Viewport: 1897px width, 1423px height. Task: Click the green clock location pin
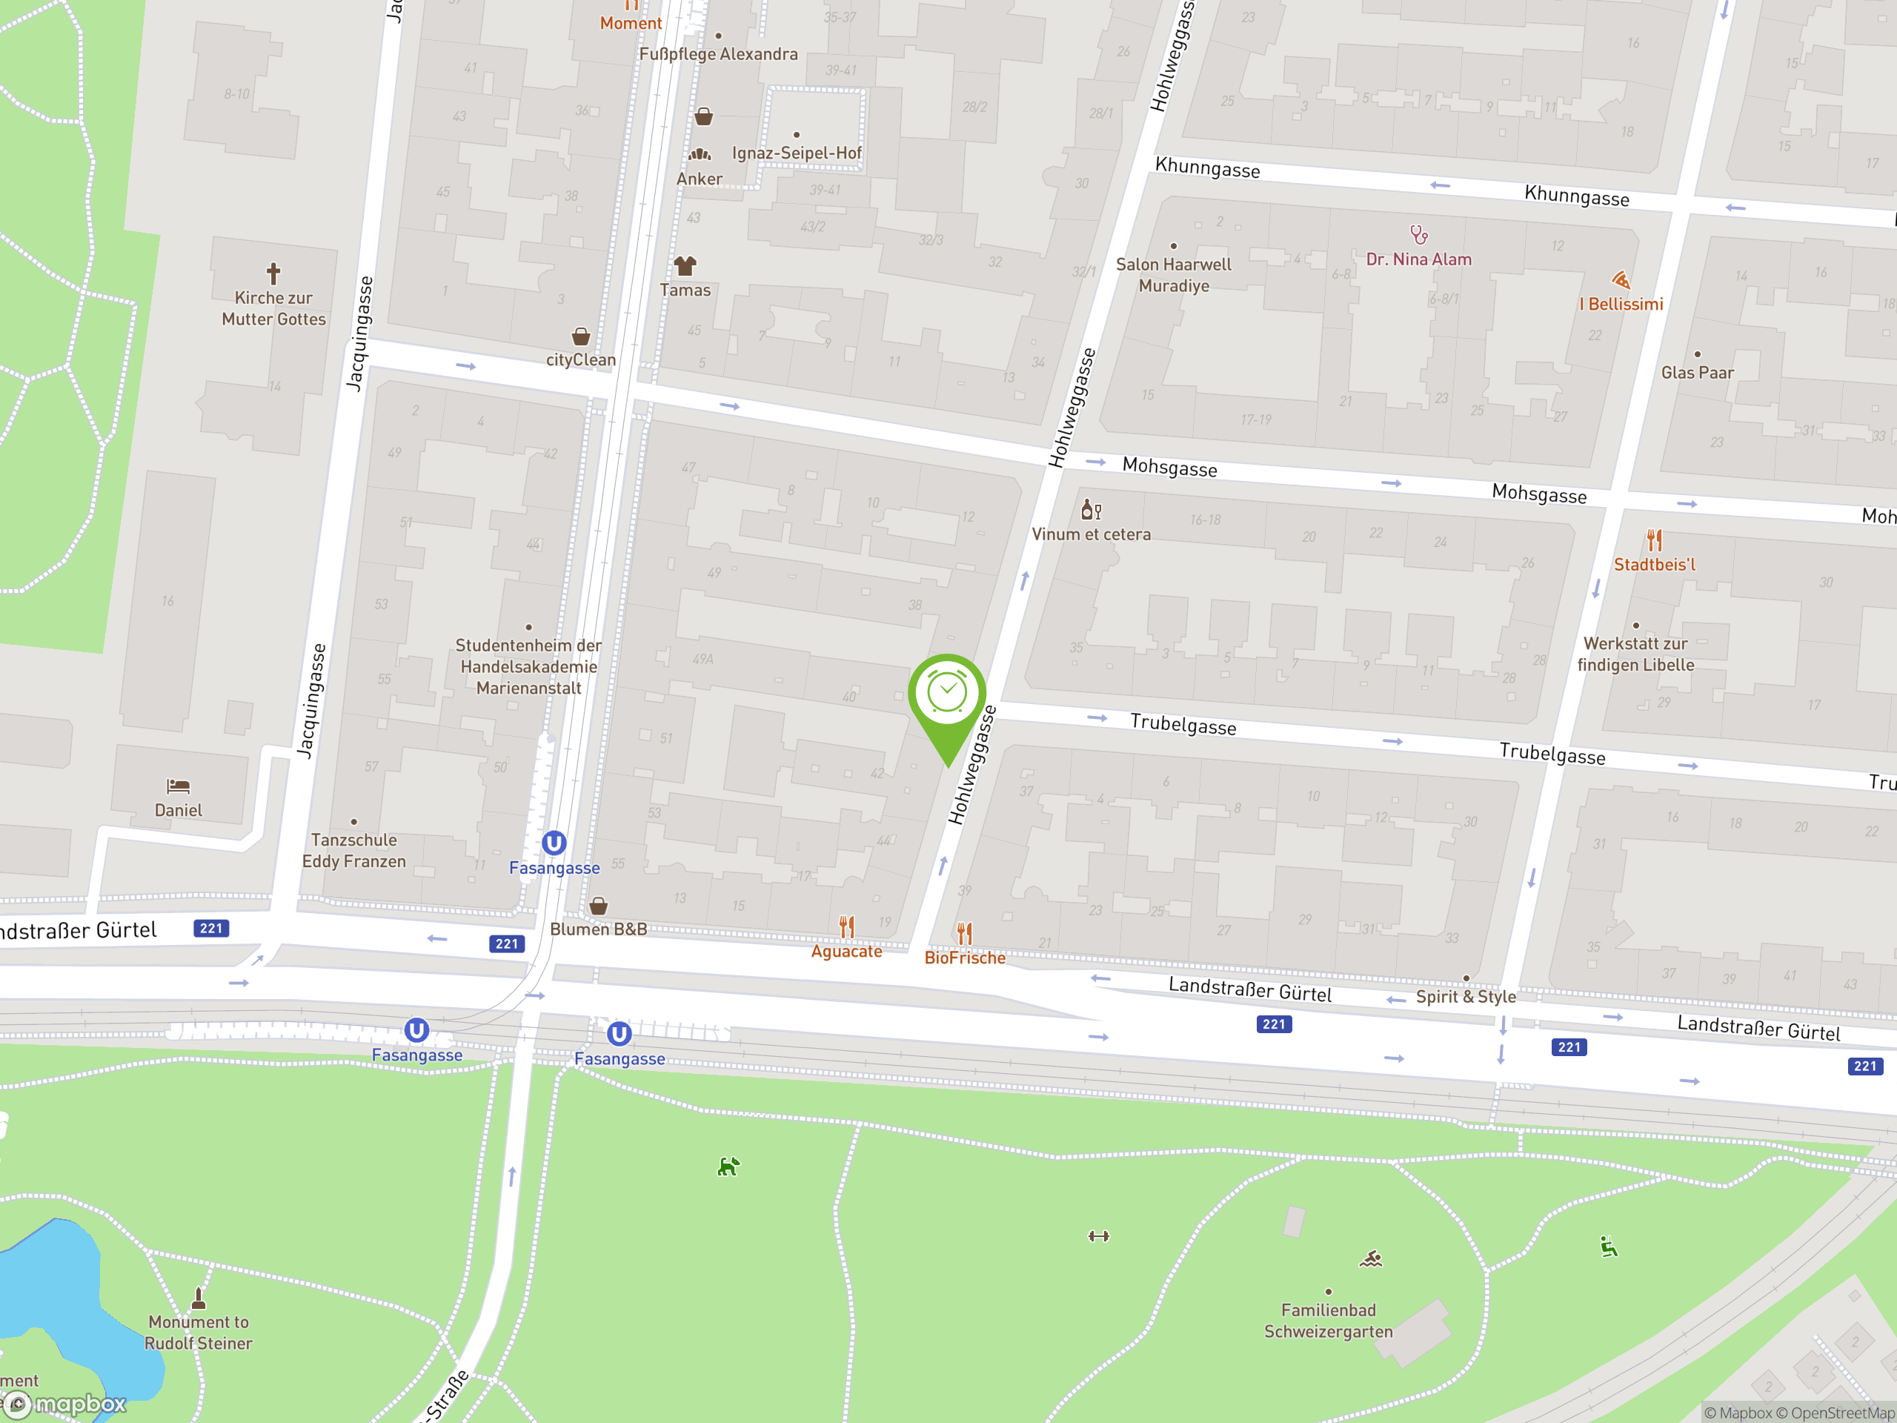947,694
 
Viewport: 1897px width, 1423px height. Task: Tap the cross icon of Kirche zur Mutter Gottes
273,273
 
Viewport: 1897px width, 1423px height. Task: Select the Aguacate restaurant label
846,951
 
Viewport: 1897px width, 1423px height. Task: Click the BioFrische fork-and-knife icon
965,933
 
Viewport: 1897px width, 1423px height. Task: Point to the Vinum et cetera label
1091,534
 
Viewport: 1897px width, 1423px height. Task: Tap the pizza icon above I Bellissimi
1620,280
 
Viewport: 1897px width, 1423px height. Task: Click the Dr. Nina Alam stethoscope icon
1418,234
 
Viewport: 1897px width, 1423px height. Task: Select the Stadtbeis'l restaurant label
1654,565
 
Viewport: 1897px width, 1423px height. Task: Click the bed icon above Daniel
179,786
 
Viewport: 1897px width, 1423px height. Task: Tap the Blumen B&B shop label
599,929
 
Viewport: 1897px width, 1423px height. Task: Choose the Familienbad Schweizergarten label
1329,1321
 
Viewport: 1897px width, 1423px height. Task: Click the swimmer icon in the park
1370,1259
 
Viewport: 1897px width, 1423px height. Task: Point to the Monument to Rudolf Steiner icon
198,1297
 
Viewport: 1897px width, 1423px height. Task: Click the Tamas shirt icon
685,266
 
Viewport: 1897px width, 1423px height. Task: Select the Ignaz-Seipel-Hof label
797,153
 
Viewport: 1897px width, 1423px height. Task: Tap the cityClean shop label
581,359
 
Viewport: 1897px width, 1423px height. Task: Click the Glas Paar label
1697,372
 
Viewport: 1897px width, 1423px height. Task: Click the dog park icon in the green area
728,1167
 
